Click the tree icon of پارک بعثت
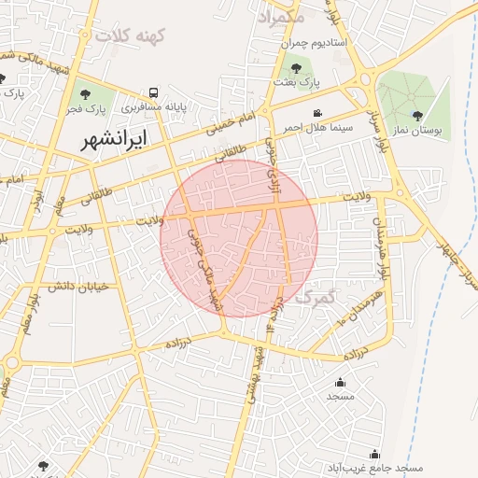297,67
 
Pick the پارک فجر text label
86,109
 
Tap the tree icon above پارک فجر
86,94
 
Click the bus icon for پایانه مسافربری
153,92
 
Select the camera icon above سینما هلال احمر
317,113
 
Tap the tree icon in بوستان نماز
416,117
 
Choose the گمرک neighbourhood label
314,298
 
